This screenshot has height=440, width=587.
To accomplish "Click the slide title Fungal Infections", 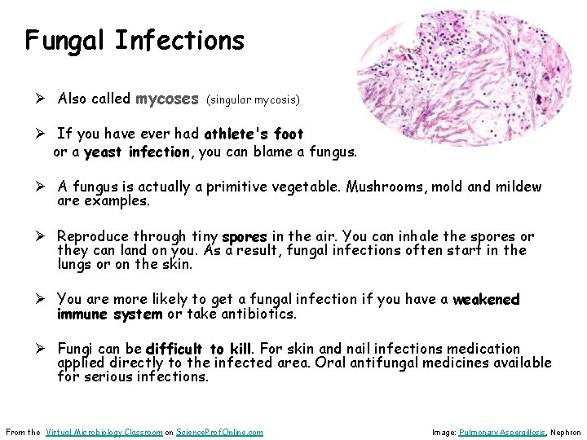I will (x=135, y=40).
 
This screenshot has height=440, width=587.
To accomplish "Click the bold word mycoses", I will (x=167, y=99).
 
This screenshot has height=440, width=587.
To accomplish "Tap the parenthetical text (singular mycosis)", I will (x=254, y=100).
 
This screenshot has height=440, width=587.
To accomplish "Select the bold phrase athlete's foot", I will (x=254, y=134).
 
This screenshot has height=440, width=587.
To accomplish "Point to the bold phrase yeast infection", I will (x=136, y=152).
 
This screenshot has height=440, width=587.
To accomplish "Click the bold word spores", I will (x=245, y=237).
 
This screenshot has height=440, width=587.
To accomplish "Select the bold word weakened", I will (x=486, y=299).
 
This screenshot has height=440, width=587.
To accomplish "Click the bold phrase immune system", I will (x=110, y=314).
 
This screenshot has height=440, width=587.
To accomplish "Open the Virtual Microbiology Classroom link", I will (x=104, y=432).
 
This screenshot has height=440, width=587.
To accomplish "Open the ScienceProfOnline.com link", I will (x=219, y=432).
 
